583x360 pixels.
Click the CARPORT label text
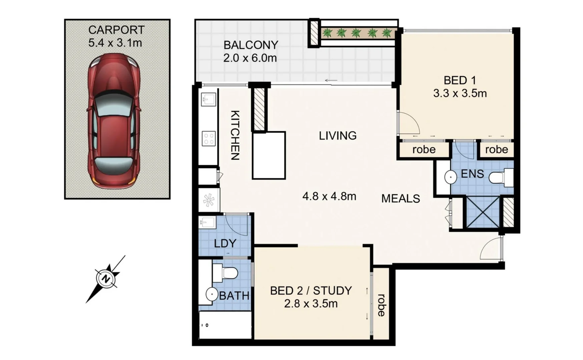pos(116,30)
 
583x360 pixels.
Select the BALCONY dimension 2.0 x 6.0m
pos(250,58)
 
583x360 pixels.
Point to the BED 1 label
pos(459,80)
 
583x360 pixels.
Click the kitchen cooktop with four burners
pos(209,138)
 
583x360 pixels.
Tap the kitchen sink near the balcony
pos(209,99)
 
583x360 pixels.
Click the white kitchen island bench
pos(269,155)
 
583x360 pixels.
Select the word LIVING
pos(338,136)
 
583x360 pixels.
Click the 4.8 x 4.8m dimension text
pos(329,196)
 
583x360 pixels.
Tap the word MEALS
pos(401,199)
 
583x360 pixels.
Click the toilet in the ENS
pos(501,177)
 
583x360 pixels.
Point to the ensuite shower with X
pos(483,212)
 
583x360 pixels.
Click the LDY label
pos(225,243)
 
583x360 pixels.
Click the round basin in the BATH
pos(211,295)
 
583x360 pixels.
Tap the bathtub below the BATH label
pos(225,325)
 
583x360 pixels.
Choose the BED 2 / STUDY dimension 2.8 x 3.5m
pos(311,304)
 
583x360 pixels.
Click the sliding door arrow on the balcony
pos(331,80)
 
